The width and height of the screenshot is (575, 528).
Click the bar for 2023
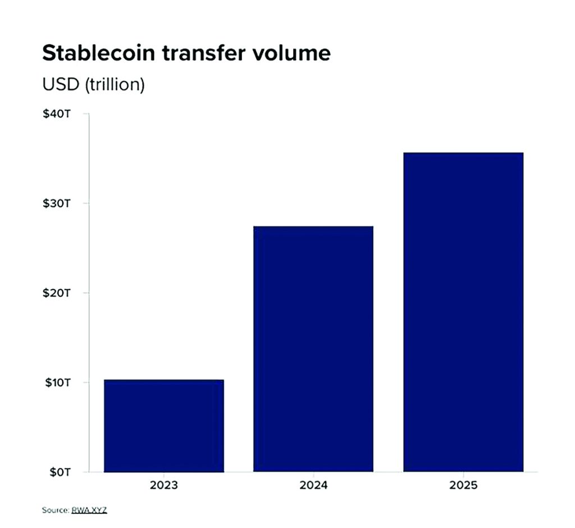tap(164, 426)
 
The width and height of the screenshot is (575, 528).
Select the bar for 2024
tap(313, 349)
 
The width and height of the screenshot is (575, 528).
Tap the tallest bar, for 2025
tap(463, 312)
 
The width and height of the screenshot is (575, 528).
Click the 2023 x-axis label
tap(164, 485)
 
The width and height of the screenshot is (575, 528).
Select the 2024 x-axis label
tap(313, 485)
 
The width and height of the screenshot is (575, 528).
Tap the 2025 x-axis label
tap(463, 485)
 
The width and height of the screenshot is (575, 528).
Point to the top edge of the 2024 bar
tap(313, 227)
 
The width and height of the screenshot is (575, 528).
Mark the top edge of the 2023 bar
tap(164, 380)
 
